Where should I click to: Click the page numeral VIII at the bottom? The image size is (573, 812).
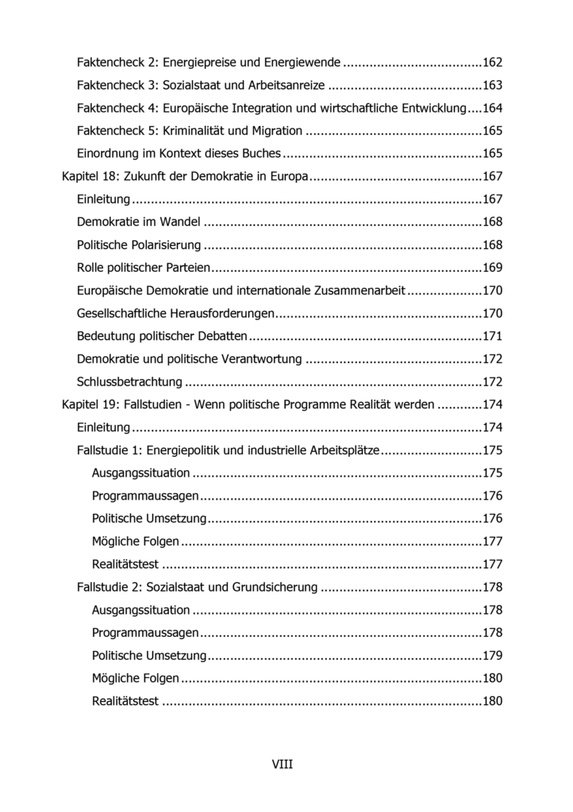(283, 764)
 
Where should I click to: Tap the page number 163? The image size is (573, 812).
(493, 85)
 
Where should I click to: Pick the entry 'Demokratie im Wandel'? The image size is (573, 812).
(140, 222)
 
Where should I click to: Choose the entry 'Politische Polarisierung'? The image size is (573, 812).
(139, 245)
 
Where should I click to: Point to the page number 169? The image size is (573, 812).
(493, 268)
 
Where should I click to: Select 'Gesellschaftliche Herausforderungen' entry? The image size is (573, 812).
(175, 313)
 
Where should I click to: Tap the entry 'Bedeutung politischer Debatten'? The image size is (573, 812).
(162, 336)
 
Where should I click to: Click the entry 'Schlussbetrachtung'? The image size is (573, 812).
(129, 382)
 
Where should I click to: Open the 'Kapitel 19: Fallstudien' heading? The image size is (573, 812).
(248, 405)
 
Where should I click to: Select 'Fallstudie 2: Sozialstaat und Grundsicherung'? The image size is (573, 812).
(198, 588)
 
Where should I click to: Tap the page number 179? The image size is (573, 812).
(493, 656)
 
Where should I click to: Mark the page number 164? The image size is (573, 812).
(493, 108)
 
